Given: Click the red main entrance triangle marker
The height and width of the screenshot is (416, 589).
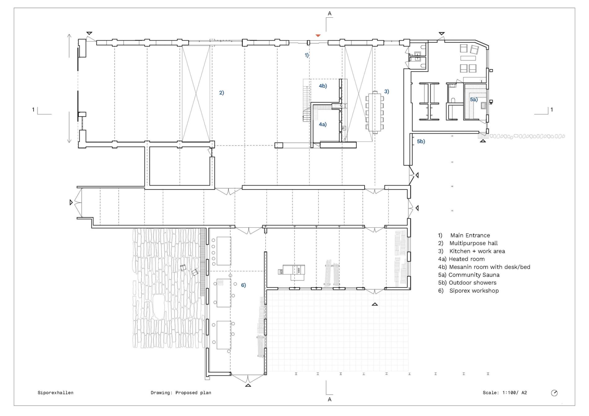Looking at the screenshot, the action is click(x=318, y=36).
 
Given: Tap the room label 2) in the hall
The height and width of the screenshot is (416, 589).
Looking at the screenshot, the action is click(x=221, y=93).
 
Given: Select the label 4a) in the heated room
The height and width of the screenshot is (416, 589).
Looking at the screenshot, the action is click(x=323, y=124).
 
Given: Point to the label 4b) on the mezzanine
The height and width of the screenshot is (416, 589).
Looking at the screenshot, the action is click(x=323, y=86).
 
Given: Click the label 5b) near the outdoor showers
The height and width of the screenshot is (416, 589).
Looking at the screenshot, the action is click(x=421, y=141).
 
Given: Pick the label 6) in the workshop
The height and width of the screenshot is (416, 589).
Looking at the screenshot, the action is click(x=243, y=285).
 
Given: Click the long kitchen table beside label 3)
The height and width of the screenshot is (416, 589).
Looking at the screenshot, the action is click(x=375, y=112).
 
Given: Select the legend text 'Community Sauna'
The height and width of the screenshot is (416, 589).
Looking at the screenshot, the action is click(x=474, y=275).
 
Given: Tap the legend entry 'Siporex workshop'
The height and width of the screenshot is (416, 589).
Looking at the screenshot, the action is click(x=474, y=291).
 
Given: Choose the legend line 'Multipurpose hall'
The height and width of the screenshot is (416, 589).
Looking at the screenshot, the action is click(x=473, y=243).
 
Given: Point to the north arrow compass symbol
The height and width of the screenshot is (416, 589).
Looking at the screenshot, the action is click(x=554, y=393).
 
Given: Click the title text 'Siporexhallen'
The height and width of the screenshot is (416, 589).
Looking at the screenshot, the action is click(x=55, y=393).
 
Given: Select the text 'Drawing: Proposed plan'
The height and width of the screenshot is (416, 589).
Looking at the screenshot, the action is click(x=181, y=393).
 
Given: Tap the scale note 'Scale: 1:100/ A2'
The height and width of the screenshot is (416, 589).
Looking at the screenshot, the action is click(x=505, y=393).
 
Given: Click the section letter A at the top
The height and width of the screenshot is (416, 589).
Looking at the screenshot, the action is click(x=330, y=14).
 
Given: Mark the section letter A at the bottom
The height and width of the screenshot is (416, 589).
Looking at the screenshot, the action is click(x=330, y=400).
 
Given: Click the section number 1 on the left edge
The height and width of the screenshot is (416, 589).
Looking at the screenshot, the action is click(x=33, y=109).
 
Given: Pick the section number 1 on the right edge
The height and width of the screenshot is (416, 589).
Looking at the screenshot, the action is click(x=551, y=109).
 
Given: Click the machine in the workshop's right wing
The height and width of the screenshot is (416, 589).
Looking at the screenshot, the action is click(x=292, y=272).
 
